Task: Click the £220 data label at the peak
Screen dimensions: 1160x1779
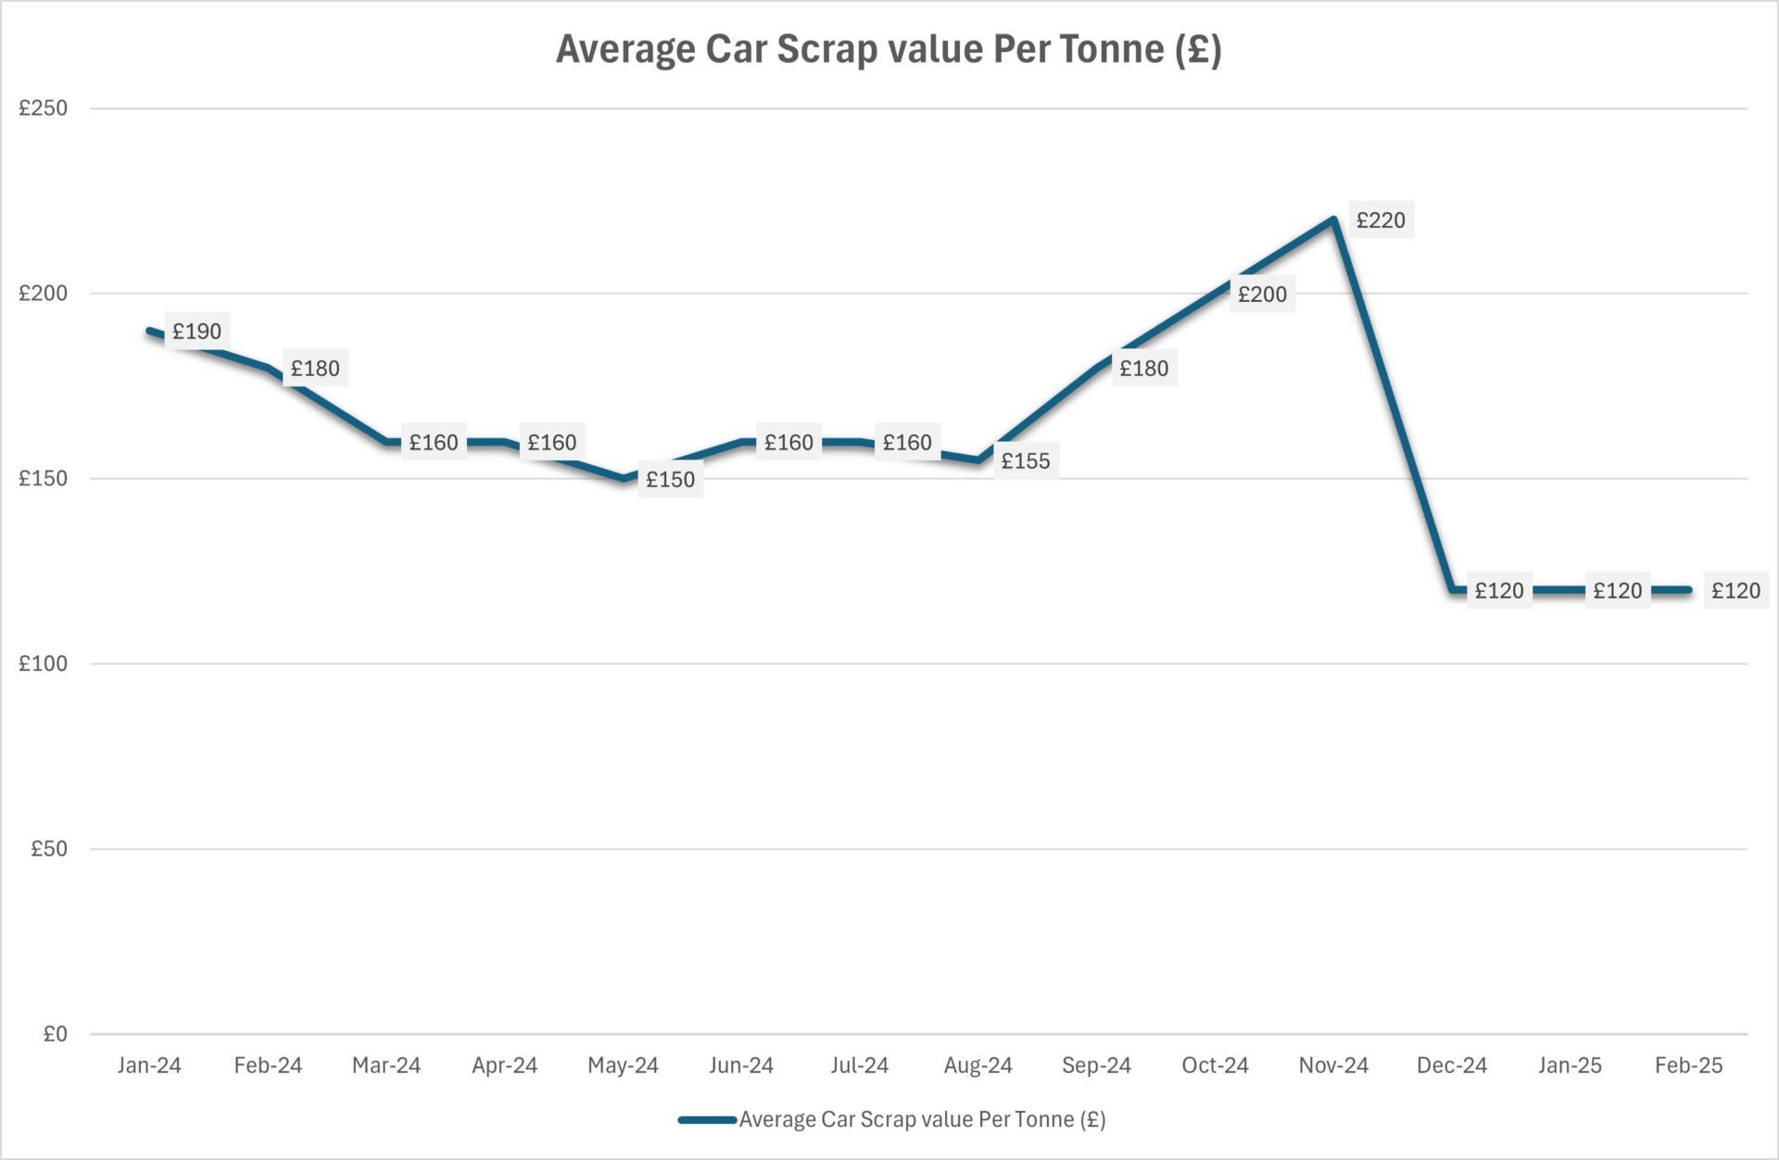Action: point(1381,221)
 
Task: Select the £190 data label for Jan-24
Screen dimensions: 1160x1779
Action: point(196,332)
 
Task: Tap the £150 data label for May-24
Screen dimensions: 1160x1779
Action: point(670,480)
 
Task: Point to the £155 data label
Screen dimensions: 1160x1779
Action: point(1026,461)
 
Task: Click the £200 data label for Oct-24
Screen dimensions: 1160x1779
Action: point(1262,295)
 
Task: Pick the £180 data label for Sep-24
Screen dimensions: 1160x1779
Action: point(1143,369)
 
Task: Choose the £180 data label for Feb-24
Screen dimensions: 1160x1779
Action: point(315,369)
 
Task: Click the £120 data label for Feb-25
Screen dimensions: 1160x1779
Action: point(1735,591)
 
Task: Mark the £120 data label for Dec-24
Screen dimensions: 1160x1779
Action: point(1498,591)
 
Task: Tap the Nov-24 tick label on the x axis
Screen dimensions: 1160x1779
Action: point(1332,1065)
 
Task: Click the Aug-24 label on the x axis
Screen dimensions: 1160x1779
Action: point(978,1065)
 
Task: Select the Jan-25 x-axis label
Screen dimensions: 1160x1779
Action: point(1570,1065)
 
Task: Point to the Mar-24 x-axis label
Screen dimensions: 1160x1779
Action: point(385,1065)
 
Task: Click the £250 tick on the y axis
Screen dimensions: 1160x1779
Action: point(44,108)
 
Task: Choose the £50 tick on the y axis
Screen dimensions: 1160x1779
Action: point(49,849)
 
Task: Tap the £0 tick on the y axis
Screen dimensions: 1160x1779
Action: point(56,1034)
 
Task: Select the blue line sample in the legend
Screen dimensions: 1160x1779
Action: point(707,1120)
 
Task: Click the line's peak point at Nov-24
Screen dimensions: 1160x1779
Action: point(1332,220)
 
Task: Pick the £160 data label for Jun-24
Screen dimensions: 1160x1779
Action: point(789,443)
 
